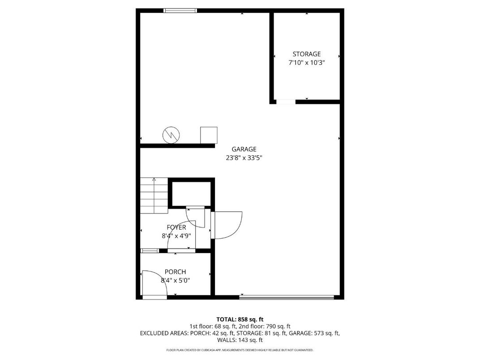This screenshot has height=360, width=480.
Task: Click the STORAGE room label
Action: click(x=307, y=54)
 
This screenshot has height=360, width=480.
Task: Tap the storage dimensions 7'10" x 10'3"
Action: click(x=307, y=63)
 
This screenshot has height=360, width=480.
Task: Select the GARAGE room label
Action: click(x=244, y=149)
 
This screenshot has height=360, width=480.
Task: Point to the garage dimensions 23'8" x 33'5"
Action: click(x=244, y=158)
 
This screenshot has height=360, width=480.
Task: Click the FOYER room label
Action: click(x=176, y=227)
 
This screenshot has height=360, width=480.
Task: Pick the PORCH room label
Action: click(x=175, y=272)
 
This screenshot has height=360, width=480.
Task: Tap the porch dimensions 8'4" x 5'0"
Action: click(x=175, y=281)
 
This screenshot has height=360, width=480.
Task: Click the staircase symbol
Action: click(x=154, y=196)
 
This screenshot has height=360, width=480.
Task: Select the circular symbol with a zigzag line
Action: click(x=171, y=134)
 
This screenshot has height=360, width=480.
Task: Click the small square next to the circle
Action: click(x=208, y=135)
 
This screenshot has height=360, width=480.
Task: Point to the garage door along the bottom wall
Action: click(x=287, y=296)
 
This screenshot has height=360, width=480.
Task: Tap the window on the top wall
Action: click(x=180, y=10)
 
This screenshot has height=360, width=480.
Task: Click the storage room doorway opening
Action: click(x=286, y=102)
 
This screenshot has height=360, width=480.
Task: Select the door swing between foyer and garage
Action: click(x=227, y=225)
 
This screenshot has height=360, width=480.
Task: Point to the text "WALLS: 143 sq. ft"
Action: click(x=240, y=340)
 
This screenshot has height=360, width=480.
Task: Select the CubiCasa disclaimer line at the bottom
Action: click(x=240, y=350)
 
